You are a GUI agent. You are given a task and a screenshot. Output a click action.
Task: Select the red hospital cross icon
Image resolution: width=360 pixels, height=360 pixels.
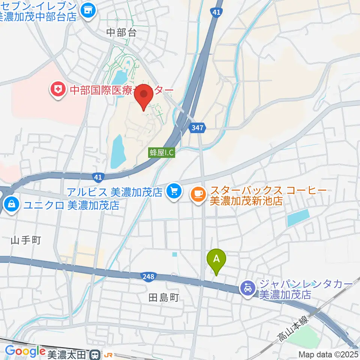(x=58, y=90)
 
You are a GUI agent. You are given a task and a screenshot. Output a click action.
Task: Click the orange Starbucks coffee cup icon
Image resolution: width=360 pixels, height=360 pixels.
(x=198, y=193)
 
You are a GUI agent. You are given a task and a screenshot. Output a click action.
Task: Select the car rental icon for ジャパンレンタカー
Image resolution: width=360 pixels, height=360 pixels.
(x=247, y=288)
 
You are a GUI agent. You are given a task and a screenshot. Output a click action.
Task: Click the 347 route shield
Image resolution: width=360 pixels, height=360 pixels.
(x=197, y=127)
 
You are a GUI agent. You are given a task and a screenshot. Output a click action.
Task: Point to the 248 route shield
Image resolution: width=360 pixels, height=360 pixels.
(x=148, y=277)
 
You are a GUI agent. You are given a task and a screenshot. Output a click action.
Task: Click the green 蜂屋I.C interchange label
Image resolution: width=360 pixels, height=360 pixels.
(x=162, y=152)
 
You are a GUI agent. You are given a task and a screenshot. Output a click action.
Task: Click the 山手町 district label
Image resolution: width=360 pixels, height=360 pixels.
(x=25, y=240)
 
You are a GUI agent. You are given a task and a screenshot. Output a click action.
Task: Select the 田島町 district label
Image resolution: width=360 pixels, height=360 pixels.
(x=164, y=298)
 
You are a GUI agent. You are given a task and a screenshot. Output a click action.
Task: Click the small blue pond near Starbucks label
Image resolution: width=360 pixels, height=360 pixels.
(x=298, y=218)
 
